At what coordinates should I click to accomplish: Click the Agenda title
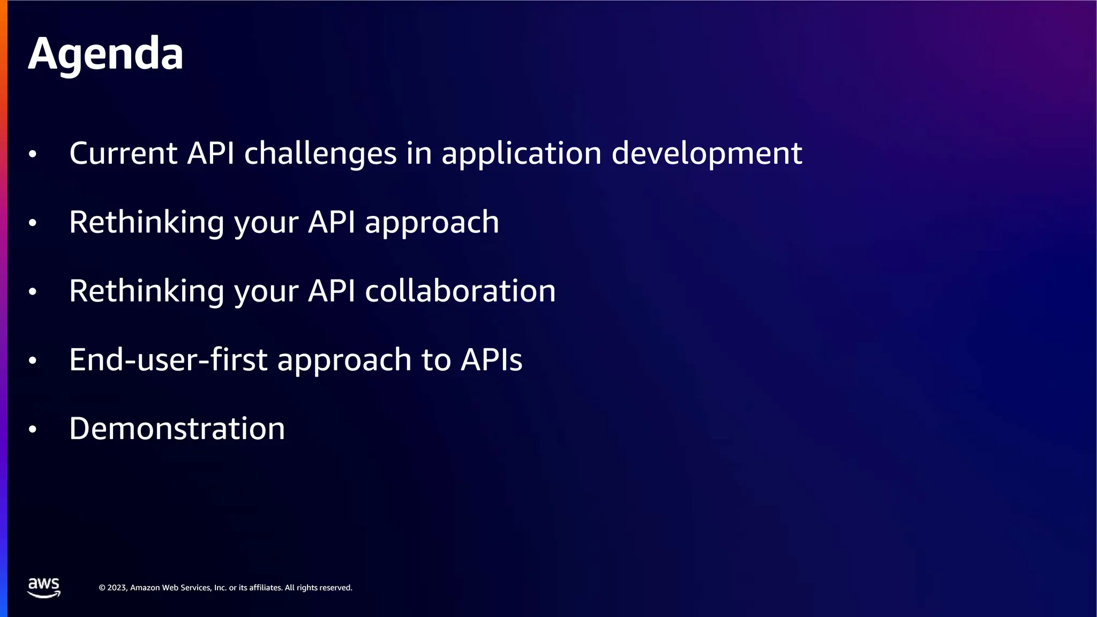point(106,54)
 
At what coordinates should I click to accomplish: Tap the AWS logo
point(44,587)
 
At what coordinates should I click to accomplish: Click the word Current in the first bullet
point(123,153)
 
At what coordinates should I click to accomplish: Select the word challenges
point(320,154)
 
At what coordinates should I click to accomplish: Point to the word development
point(707,154)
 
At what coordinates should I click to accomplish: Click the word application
point(522,154)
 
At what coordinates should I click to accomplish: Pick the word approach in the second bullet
point(432,223)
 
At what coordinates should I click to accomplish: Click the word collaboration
point(460,291)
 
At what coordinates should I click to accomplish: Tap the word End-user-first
point(168,359)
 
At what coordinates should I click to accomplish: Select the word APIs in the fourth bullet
point(491,359)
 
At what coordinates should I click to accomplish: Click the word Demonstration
point(177,428)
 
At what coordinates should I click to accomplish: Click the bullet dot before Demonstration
point(33,430)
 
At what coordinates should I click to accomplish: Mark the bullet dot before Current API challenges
point(33,154)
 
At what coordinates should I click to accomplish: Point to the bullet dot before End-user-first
point(33,360)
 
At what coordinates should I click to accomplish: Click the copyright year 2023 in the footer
point(117,588)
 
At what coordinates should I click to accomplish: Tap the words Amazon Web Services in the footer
point(171,588)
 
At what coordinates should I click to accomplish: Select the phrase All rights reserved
point(318,588)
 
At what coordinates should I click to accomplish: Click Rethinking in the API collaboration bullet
point(146,291)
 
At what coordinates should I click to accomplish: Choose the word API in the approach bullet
point(332,222)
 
